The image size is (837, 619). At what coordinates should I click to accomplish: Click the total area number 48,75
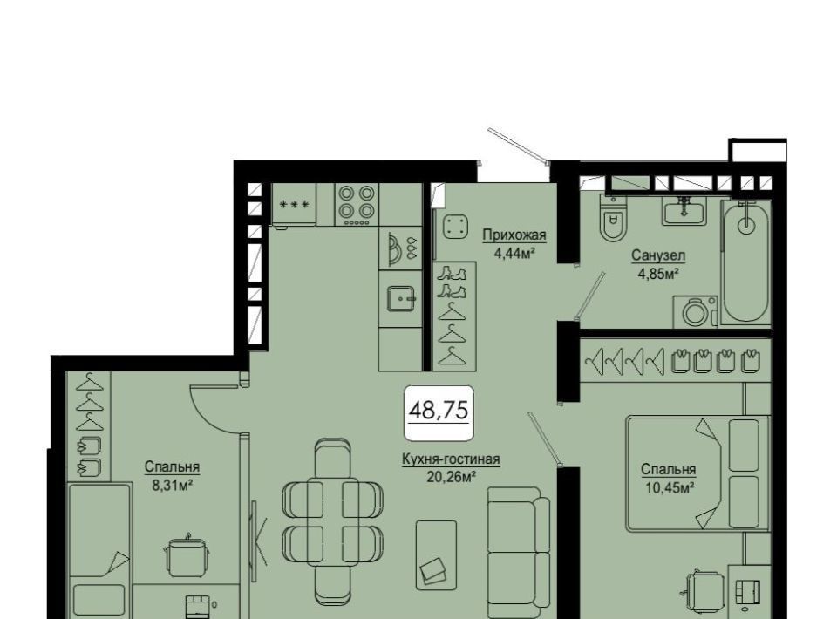(439, 411)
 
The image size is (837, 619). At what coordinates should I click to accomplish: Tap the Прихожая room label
(514, 235)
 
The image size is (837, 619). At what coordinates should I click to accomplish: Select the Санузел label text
(658, 255)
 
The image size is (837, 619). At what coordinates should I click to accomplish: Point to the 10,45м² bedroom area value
(669, 487)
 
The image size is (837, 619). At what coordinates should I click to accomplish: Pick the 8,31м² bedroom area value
(172, 485)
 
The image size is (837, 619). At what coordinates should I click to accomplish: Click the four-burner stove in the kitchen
(357, 205)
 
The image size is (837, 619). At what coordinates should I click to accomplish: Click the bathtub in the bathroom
(745, 262)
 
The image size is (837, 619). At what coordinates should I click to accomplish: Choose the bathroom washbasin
(684, 211)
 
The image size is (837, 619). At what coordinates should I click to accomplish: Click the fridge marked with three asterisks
(294, 204)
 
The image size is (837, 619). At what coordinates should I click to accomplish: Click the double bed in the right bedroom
(697, 473)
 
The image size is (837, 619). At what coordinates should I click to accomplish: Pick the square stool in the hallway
(455, 228)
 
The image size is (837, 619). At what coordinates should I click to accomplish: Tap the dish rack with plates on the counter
(400, 248)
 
